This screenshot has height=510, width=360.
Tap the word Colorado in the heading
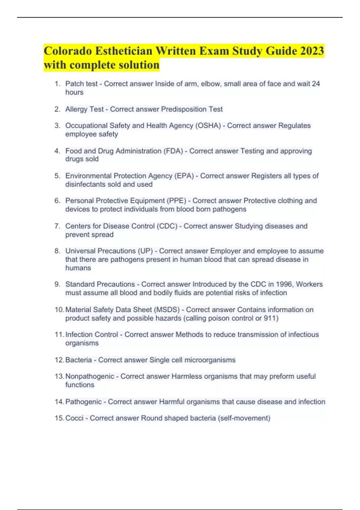click(x=68, y=51)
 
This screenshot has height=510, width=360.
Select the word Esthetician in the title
click(x=124, y=51)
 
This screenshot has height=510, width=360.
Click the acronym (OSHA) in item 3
click(x=208, y=125)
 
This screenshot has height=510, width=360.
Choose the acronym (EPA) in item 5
click(x=184, y=176)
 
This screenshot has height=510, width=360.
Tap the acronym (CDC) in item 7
click(x=167, y=226)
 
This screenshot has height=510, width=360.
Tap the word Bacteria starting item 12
click(x=79, y=360)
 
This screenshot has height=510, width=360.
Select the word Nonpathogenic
click(x=90, y=376)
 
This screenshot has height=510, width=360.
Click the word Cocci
click(x=74, y=418)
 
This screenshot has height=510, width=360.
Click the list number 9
click(x=57, y=284)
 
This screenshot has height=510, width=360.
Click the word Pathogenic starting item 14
click(x=83, y=401)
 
